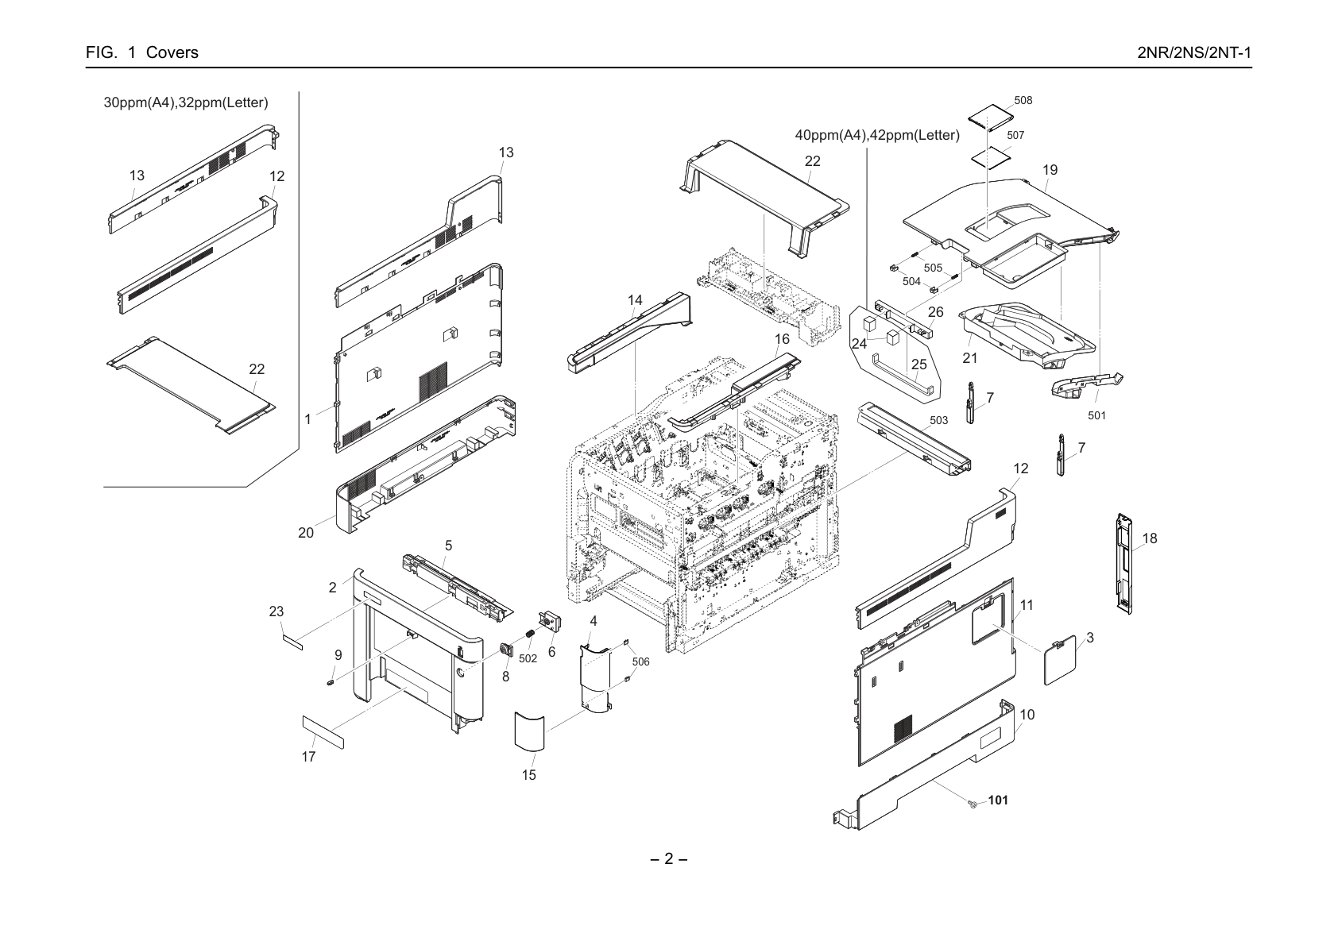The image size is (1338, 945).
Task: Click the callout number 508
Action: (x=1023, y=100)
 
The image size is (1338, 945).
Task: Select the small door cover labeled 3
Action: (x=1060, y=660)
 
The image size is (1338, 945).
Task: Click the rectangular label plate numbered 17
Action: (x=323, y=732)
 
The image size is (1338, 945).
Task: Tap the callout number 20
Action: (x=306, y=533)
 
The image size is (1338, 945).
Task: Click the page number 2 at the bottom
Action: (x=668, y=858)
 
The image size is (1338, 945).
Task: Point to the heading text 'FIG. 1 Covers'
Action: (x=142, y=52)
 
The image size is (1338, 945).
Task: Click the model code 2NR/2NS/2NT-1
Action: (x=1195, y=52)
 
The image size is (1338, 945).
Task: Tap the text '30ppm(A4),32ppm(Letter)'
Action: (x=186, y=102)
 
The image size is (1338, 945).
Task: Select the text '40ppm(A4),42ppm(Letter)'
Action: (x=877, y=136)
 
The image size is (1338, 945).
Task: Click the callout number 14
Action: (x=635, y=300)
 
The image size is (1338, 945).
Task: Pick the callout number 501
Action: (x=1096, y=415)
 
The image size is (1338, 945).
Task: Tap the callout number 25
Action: (x=919, y=364)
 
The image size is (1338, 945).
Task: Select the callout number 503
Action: (x=938, y=420)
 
